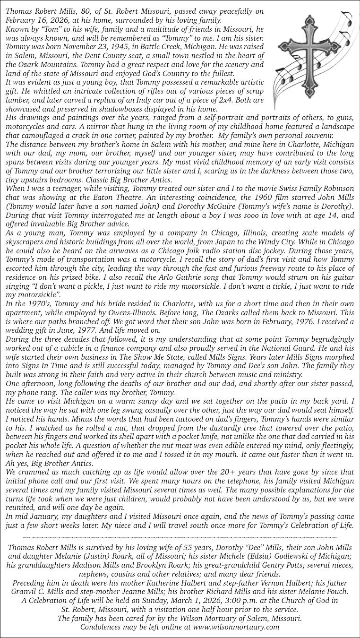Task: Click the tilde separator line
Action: click(x=180, y=537)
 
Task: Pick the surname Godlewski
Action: click(x=310, y=556)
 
